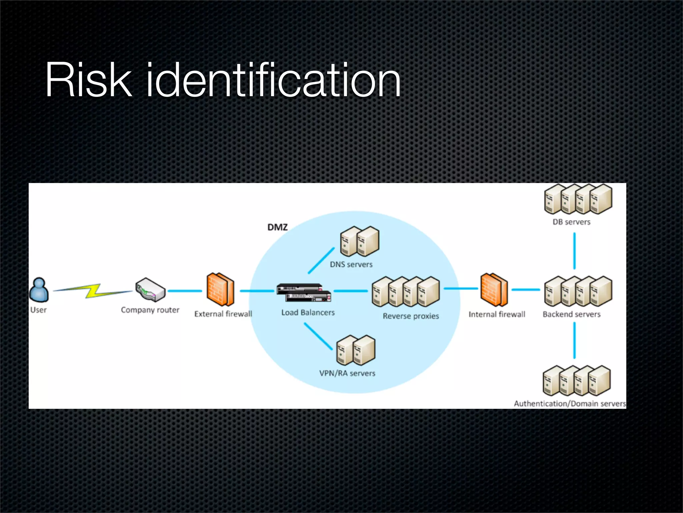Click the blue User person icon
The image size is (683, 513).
[x=39, y=290]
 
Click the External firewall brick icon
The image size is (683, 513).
[x=220, y=290]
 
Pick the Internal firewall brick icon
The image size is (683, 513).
[x=494, y=290]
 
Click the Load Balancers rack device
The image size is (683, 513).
[x=304, y=293]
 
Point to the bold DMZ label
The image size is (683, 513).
[x=277, y=227]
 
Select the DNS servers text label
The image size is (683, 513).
[x=351, y=265]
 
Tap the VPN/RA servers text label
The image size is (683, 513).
[x=347, y=373]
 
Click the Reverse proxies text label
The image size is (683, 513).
[x=411, y=316]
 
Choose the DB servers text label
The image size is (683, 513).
[x=571, y=222]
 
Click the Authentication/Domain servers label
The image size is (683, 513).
[x=570, y=403]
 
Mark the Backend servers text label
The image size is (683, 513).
[x=571, y=314]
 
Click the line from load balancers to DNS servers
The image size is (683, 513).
[x=321, y=261]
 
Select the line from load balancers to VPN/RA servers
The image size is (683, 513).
[x=318, y=336]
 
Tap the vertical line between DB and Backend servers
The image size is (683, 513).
[x=574, y=251]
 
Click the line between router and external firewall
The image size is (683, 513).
[x=185, y=291]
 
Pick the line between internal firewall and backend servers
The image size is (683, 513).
[x=526, y=290]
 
